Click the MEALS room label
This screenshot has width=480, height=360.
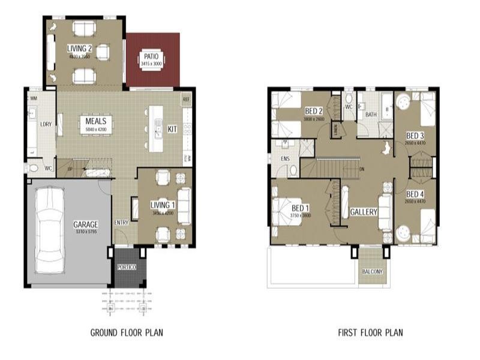95,121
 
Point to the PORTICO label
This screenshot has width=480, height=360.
127,267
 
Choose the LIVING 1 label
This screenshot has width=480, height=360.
162,205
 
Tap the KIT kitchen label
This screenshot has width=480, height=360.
172,129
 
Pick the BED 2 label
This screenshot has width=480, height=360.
314,112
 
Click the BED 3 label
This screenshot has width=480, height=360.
415,136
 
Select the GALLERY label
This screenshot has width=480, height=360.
364,212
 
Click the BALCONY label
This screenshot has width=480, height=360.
372,272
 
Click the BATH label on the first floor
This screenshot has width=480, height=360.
371,115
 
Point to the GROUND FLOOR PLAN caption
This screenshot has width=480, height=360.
127,332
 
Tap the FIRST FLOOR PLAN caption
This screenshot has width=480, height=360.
370,332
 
